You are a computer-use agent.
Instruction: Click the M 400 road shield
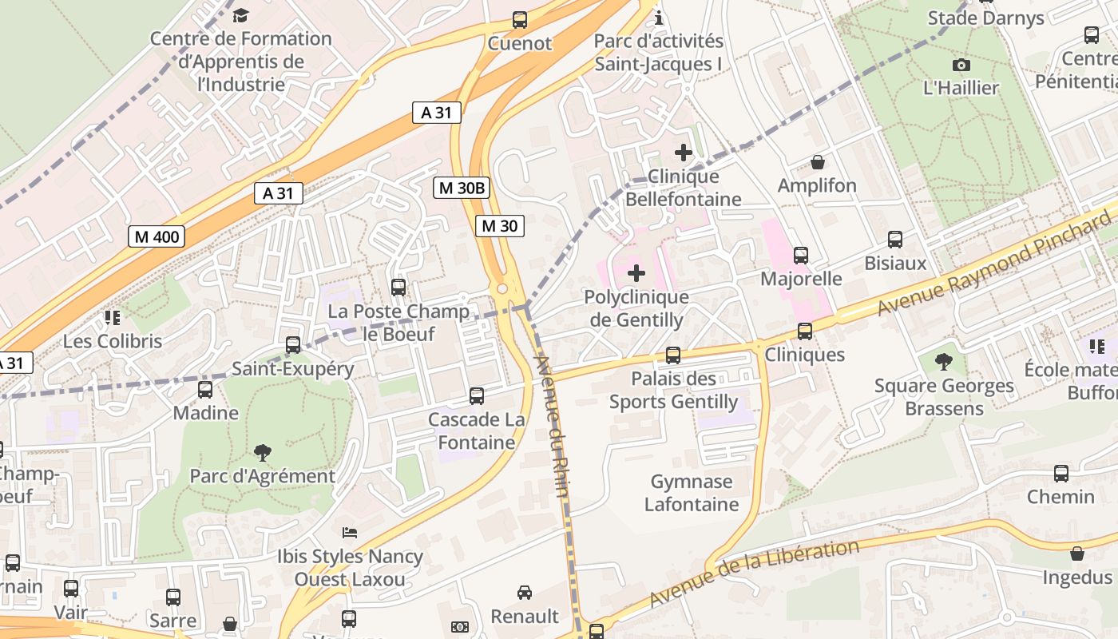point(157,236)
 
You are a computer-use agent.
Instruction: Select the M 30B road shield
point(462,188)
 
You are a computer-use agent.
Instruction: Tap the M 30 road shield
point(500,226)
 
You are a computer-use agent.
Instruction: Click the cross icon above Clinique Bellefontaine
point(684,152)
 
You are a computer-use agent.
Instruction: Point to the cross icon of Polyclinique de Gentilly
point(636,274)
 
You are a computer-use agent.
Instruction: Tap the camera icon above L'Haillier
point(961,65)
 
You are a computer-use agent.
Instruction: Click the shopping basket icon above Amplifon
point(818,162)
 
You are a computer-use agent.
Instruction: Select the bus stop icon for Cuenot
point(520,20)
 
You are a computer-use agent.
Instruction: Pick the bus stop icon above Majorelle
point(801,256)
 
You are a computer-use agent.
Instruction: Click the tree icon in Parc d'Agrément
point(262,453)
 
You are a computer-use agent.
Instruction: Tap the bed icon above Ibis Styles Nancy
point(350,532)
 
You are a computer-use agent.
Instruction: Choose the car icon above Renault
point(525,593)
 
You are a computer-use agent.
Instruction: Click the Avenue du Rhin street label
point(552,427)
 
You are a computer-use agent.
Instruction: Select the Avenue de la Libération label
point(754,573)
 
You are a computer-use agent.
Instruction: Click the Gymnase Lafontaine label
point(692,493)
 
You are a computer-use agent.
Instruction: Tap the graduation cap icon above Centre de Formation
point(240,15)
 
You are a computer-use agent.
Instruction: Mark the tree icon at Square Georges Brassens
point(944,362)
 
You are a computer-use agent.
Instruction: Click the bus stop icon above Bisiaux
point(895,240)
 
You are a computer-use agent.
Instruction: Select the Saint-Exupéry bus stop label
point(292,368)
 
